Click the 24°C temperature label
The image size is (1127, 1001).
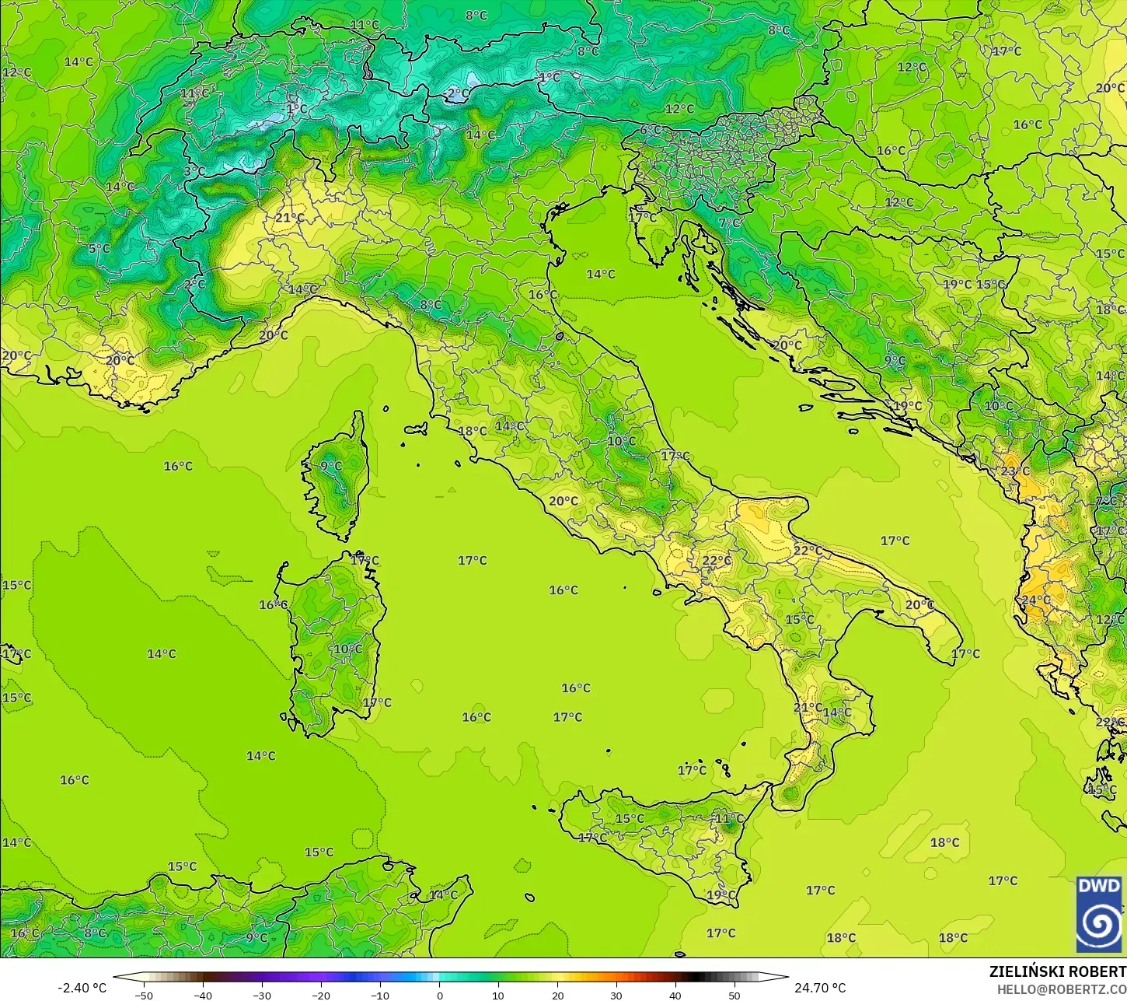(1035, 600)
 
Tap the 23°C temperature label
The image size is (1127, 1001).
(1014, 471)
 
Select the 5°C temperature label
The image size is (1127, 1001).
(99, 249)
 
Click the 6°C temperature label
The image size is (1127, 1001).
(650, 130)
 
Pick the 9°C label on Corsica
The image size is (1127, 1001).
(330, 467)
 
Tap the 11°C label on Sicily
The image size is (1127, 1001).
(728, 818)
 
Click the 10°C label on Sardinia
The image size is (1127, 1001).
(347, 649)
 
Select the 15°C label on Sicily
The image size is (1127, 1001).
(630, 818)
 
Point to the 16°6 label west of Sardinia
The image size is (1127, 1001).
(273, 605)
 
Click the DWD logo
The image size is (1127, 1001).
(1099, 914)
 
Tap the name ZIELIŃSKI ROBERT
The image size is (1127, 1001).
(1057, 971)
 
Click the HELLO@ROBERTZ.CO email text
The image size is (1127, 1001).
(1062, 989)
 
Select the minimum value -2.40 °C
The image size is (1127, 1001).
(82, 988)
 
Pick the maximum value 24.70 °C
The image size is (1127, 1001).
(819, 988)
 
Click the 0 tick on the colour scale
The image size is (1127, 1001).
(439, 995)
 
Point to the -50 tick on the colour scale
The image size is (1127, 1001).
(143, 995)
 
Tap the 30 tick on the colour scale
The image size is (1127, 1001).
(616, 995)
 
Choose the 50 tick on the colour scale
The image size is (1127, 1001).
(734, 995)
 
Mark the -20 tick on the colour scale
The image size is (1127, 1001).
(321, 995)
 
